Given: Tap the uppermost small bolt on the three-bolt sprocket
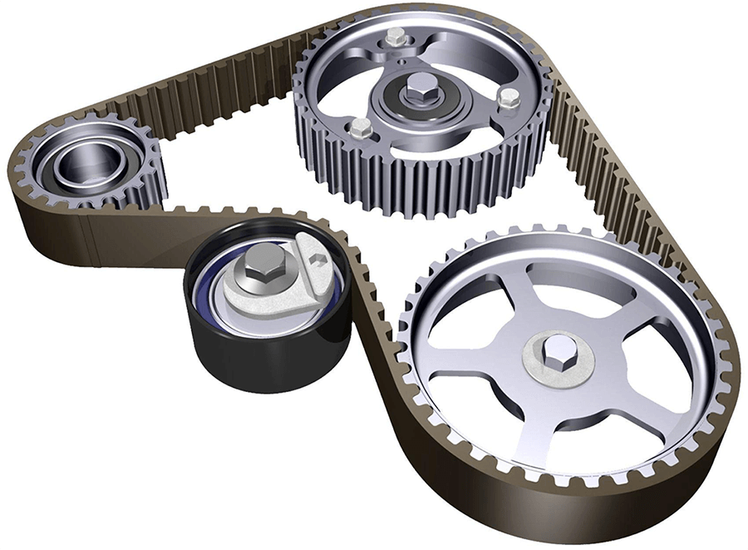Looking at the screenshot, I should tap(396, 37).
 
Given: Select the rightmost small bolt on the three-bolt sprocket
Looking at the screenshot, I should tap(507, 98).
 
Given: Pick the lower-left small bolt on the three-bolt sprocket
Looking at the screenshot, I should tap(360, 127).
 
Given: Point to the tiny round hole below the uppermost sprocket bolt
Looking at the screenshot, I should tap(401, 59).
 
